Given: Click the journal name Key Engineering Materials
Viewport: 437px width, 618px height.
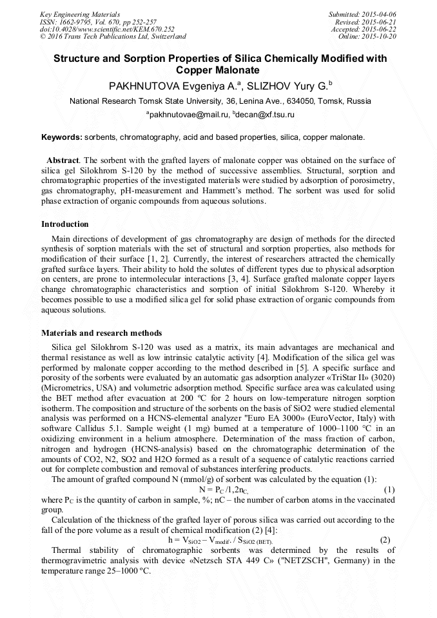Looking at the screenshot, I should pos(79,14).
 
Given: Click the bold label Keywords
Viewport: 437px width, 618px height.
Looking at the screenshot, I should pos(62,137).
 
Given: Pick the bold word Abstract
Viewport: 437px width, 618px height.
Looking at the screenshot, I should pos(64,160).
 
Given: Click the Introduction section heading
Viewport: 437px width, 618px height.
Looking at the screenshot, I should pos(65,224).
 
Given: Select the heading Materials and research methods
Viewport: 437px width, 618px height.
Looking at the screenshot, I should pos(101,333).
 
